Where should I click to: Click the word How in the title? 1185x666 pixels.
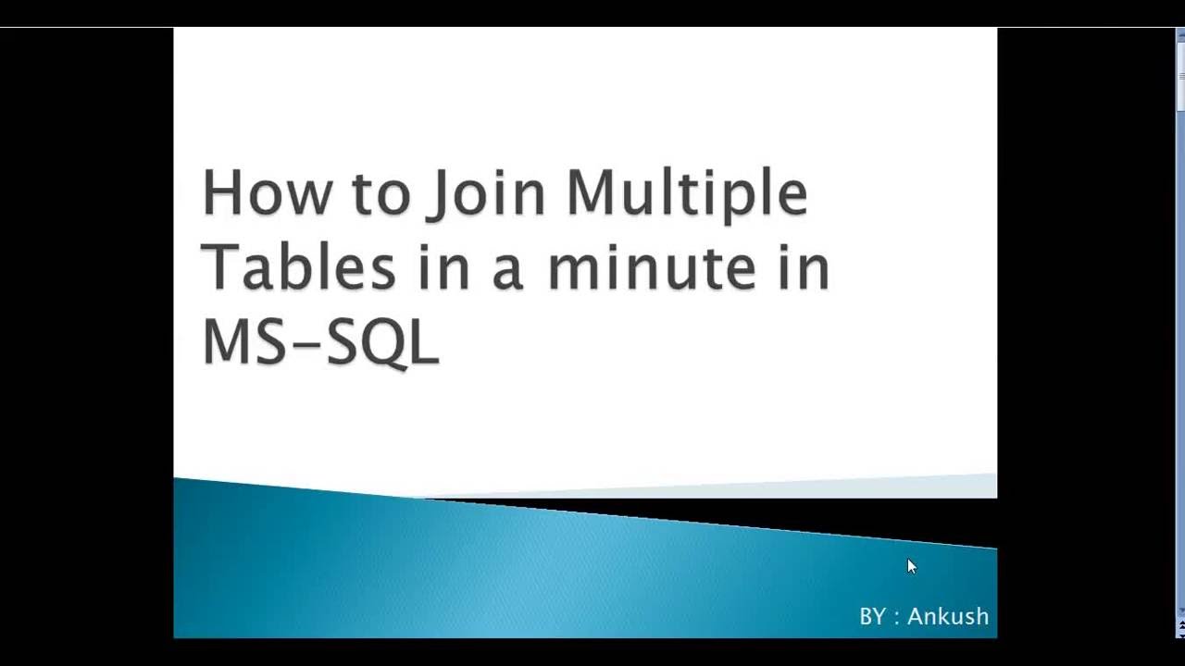(267, 191)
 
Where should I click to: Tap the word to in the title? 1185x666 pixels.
(380, 193)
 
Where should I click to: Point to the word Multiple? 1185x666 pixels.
(687, 195)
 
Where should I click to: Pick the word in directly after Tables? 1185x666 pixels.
(444, 268)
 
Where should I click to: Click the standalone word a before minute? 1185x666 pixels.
(508, 275)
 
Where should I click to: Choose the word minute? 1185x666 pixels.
(652, 268)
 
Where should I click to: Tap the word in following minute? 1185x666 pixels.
(805, 268)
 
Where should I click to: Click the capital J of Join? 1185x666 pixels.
(438, 195)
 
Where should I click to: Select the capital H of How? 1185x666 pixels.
(221, 191)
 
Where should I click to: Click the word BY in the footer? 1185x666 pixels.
(873, 616)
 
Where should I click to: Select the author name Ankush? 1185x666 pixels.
(948, 616)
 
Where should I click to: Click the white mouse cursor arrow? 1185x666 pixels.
(912, 567)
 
